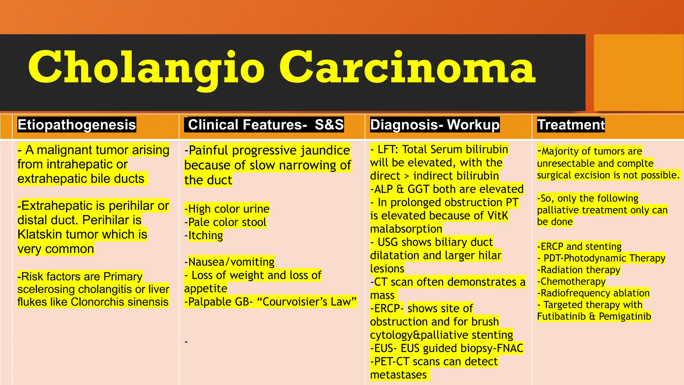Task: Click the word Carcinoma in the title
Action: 407,68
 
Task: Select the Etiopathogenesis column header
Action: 77,125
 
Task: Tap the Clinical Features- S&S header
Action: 266,125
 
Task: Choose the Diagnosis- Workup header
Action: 435,125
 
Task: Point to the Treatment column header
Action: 571,125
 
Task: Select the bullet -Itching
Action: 204,236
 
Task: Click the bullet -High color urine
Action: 227,209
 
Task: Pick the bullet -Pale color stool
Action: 225,222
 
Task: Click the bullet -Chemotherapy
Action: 571,282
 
